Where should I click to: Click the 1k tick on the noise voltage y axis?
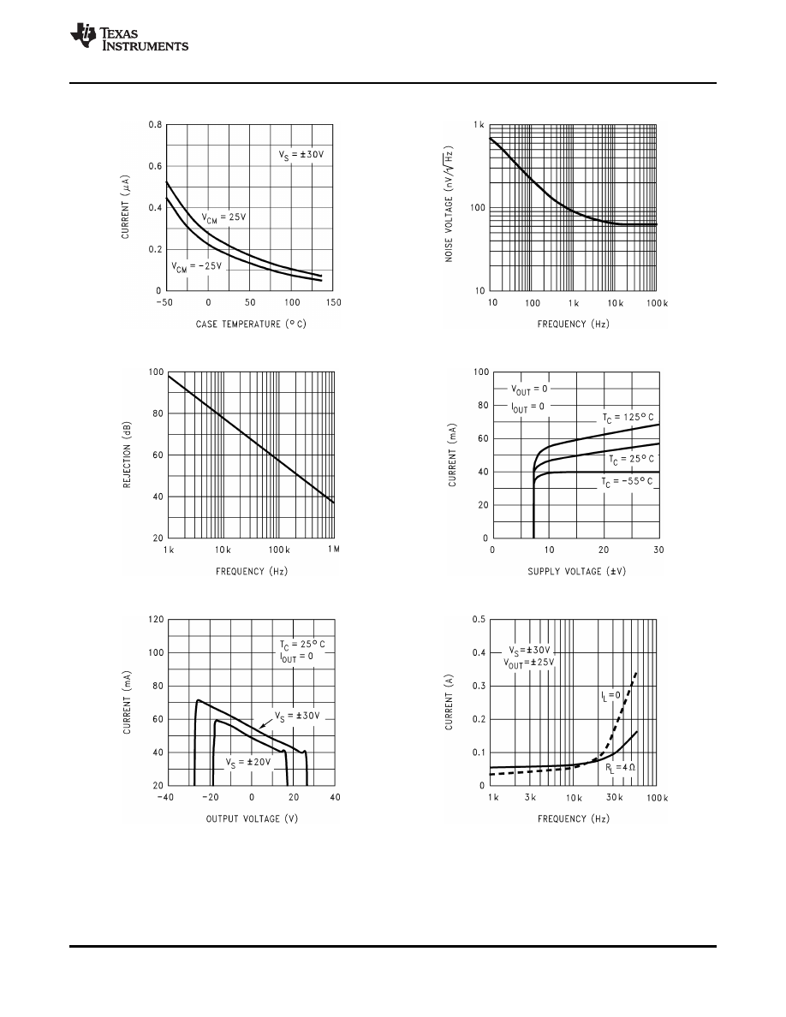(x=479, y=126)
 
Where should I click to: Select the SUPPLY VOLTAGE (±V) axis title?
(x=575, y=571)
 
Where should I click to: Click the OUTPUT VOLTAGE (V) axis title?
(x=252, y=819)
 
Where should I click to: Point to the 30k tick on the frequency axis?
(x=614, y=798)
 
